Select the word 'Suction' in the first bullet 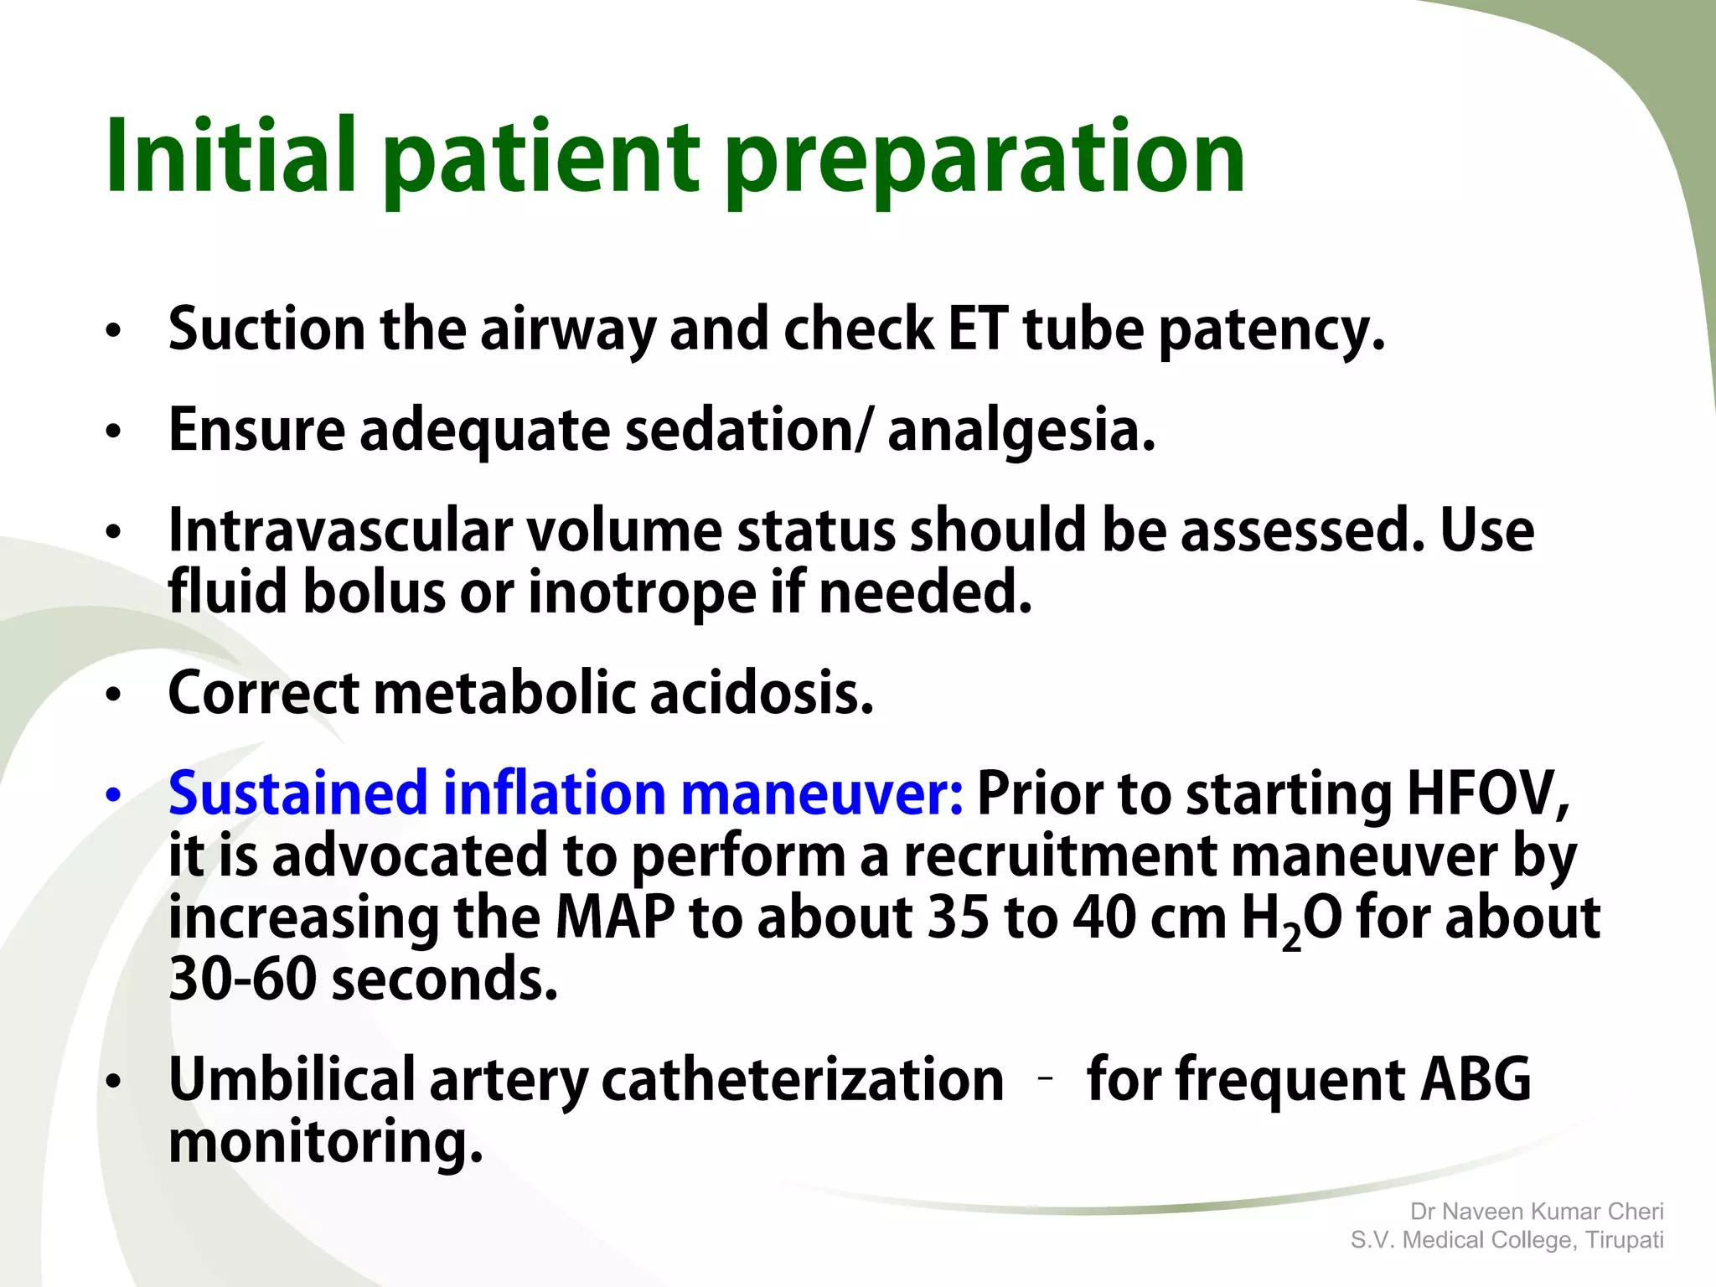click(x=266, y=328)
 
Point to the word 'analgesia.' click(x=1021, y=431)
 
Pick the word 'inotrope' click(x=642, y=592)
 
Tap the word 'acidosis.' click(x=762, y=694)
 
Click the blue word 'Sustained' click(x=298, y=793)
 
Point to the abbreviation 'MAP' click(x=615, y=917)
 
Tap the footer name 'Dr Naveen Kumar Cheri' click(x=1537, y=1212)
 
